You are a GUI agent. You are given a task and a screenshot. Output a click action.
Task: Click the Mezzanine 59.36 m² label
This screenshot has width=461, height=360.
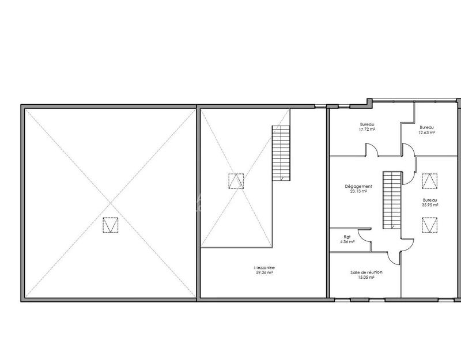263,270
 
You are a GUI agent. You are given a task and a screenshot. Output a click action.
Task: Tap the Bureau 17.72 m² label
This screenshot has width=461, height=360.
368,127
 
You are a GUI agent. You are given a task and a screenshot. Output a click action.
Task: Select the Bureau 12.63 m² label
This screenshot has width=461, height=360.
427,130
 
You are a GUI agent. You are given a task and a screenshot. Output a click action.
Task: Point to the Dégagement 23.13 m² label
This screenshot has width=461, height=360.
358,189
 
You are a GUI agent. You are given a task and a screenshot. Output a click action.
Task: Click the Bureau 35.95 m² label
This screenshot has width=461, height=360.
430,202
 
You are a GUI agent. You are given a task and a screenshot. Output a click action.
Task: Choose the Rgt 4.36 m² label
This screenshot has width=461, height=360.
347,239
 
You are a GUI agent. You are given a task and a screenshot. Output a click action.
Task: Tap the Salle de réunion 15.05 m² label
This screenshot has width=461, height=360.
366,274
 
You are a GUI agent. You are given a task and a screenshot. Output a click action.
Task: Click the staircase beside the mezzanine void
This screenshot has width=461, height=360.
281,153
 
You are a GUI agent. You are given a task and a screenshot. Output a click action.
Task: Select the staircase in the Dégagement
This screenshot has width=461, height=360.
392,199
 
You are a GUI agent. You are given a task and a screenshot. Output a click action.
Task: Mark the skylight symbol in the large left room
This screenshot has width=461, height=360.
110,225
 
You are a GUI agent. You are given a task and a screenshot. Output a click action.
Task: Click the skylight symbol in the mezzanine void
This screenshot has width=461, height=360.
236,181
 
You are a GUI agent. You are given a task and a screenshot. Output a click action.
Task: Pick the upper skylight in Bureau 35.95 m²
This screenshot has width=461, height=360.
430,181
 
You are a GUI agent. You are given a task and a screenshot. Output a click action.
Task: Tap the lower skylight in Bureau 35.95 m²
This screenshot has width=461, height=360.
430,224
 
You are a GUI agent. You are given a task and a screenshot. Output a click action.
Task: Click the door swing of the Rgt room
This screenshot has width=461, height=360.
364,236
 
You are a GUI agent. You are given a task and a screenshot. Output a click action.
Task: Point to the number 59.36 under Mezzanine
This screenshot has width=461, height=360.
264,273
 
